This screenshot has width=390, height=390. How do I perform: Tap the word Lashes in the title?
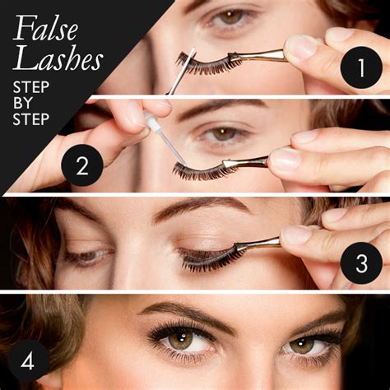pos(57,58)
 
